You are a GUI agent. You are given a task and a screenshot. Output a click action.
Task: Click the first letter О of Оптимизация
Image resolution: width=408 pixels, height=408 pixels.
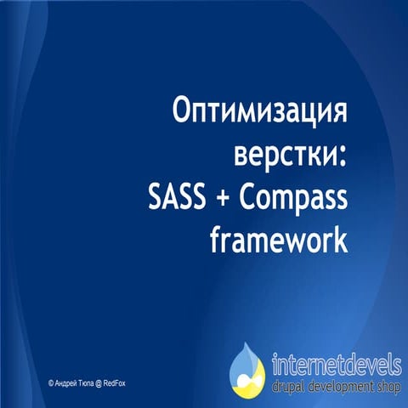[182, 113]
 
